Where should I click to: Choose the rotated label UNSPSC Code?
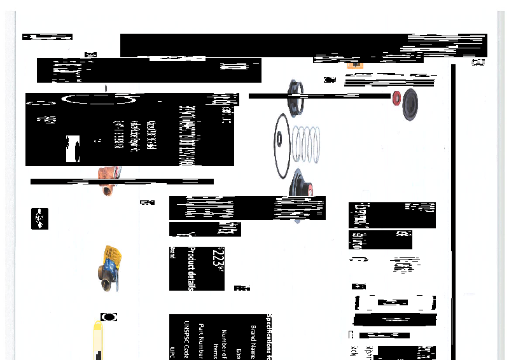(187, 340)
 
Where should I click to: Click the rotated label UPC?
(172, 353)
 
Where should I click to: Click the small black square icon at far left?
(39, 218)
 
